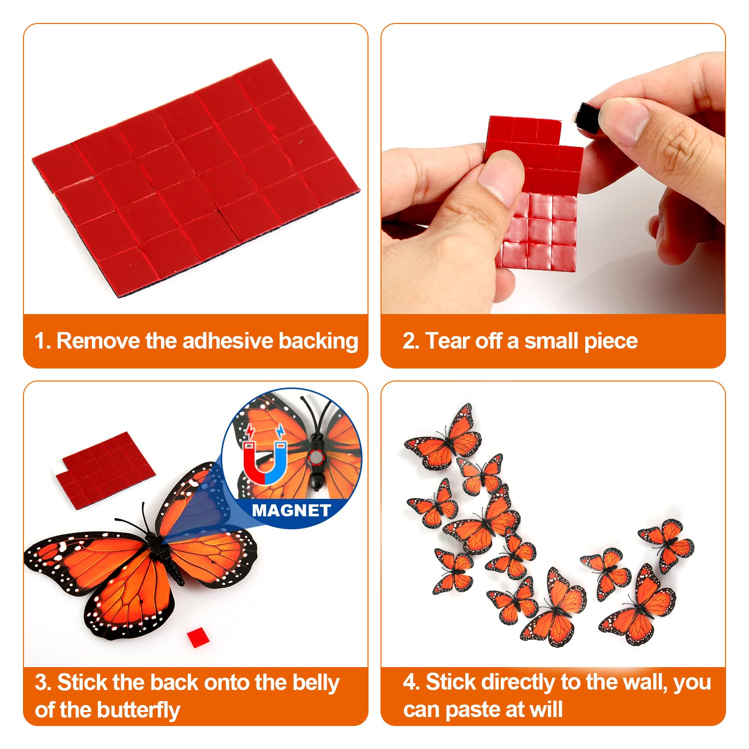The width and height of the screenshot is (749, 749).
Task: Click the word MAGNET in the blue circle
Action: (291, 510)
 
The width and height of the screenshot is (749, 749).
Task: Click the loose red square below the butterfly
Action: (198, 638)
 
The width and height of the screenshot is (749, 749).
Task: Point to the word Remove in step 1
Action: (98, 341)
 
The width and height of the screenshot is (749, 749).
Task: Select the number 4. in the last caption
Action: (411, 682)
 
